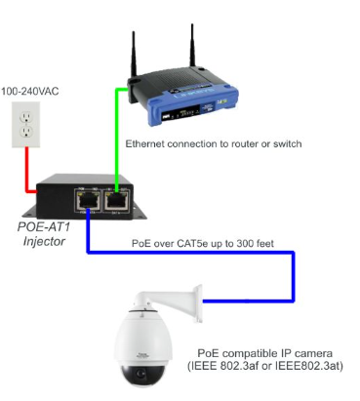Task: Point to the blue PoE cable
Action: click(195, 255)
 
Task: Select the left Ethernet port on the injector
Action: click(87, 199)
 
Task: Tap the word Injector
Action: click(44, 240)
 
